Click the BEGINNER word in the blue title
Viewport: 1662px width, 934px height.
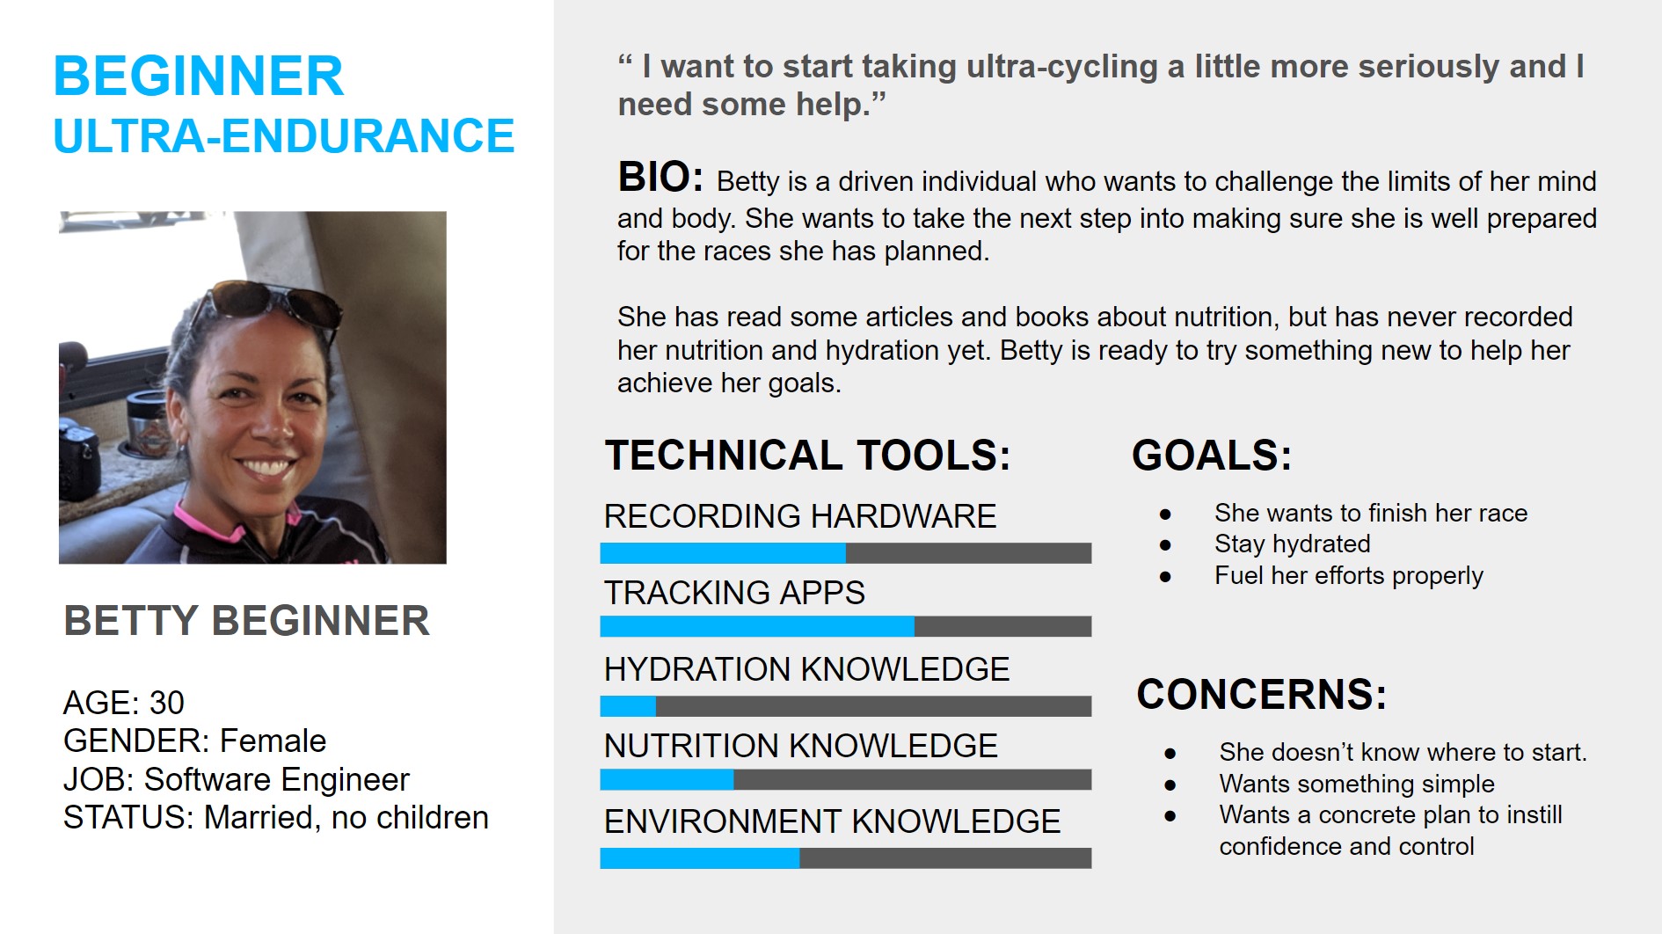coord(199,77)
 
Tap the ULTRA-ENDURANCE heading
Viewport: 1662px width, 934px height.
coord(284,136)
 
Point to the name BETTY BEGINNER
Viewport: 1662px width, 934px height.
coord(247,621)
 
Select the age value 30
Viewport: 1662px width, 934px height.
coord(167,703)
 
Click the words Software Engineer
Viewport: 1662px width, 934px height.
coord(277,779)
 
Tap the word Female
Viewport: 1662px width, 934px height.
coord(273,741)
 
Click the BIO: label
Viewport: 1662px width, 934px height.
coord(660,177)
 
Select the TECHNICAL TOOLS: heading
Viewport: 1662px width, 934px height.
coord(807,456)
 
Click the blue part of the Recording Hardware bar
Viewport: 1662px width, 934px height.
coord(723,553)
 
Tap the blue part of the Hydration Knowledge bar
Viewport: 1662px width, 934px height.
coord(628,706)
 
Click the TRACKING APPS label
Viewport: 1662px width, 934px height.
coord(734,593)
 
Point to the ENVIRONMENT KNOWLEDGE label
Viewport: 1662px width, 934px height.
coord(832,821)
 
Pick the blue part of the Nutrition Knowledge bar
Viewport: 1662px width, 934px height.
coord(667,780)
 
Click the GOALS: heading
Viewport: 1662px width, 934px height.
coord(1212,456)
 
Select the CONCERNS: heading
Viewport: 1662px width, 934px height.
coord(1262,695)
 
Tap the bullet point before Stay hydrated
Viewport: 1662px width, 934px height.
coord(1165,545)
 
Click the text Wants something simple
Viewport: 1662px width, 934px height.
coord(1357,784)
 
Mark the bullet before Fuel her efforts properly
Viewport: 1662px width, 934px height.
coord(1165,577)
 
